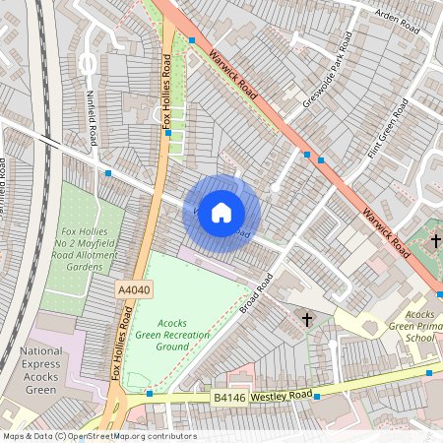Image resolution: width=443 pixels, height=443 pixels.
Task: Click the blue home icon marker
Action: pos(221,213)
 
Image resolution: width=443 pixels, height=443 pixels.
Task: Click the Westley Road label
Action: pos(283,395)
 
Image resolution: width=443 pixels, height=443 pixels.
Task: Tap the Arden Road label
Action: pos(398,23)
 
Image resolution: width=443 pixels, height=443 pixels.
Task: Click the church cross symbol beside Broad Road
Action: pos(306,320)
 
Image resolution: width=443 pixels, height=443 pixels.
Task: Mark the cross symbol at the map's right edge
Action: pos(437,239)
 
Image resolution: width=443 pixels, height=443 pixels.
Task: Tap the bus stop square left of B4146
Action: pos(150,394)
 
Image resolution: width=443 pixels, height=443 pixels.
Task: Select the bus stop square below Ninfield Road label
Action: pos(108,173)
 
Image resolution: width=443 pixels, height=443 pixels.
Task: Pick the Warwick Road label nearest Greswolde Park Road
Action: pos(233,76)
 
